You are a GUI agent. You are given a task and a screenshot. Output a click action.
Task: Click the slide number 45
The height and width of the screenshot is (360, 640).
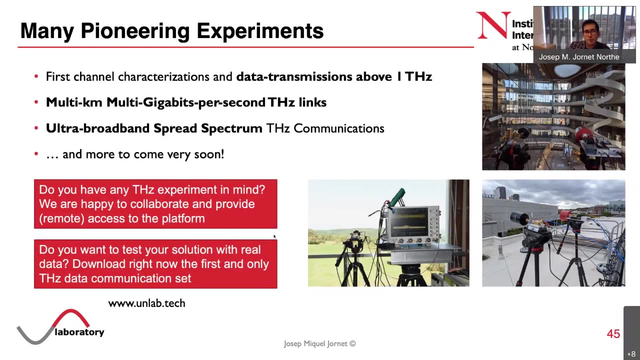pyautogui.click(x=613, y=334)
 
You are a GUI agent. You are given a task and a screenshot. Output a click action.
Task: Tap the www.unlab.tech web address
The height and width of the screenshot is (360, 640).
pyautogui.click(x=146, y=303)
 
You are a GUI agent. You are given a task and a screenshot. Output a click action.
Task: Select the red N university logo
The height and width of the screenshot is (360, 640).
pyautogui.click(x=492, y=25)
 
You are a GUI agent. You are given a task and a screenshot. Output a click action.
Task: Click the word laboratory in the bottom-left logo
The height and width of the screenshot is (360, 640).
pyautogui.click(x=79, y=332)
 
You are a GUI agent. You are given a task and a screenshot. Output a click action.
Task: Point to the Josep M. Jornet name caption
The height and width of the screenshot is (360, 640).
pyautogui.click(x=578, y=57)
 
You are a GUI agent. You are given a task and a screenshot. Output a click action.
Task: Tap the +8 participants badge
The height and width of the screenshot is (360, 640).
pyautogui.click(x=631, y=354)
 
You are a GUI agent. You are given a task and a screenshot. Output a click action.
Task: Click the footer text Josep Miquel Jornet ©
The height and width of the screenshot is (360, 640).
pyautogui.click(x=319, y=343)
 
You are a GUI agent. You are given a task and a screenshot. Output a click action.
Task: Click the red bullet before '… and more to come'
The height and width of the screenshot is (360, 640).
pyautogui.click(x=36, y=154)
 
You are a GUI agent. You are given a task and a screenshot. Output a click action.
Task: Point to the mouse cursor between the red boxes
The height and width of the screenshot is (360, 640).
pyautogui.click(x=274, y=236)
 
